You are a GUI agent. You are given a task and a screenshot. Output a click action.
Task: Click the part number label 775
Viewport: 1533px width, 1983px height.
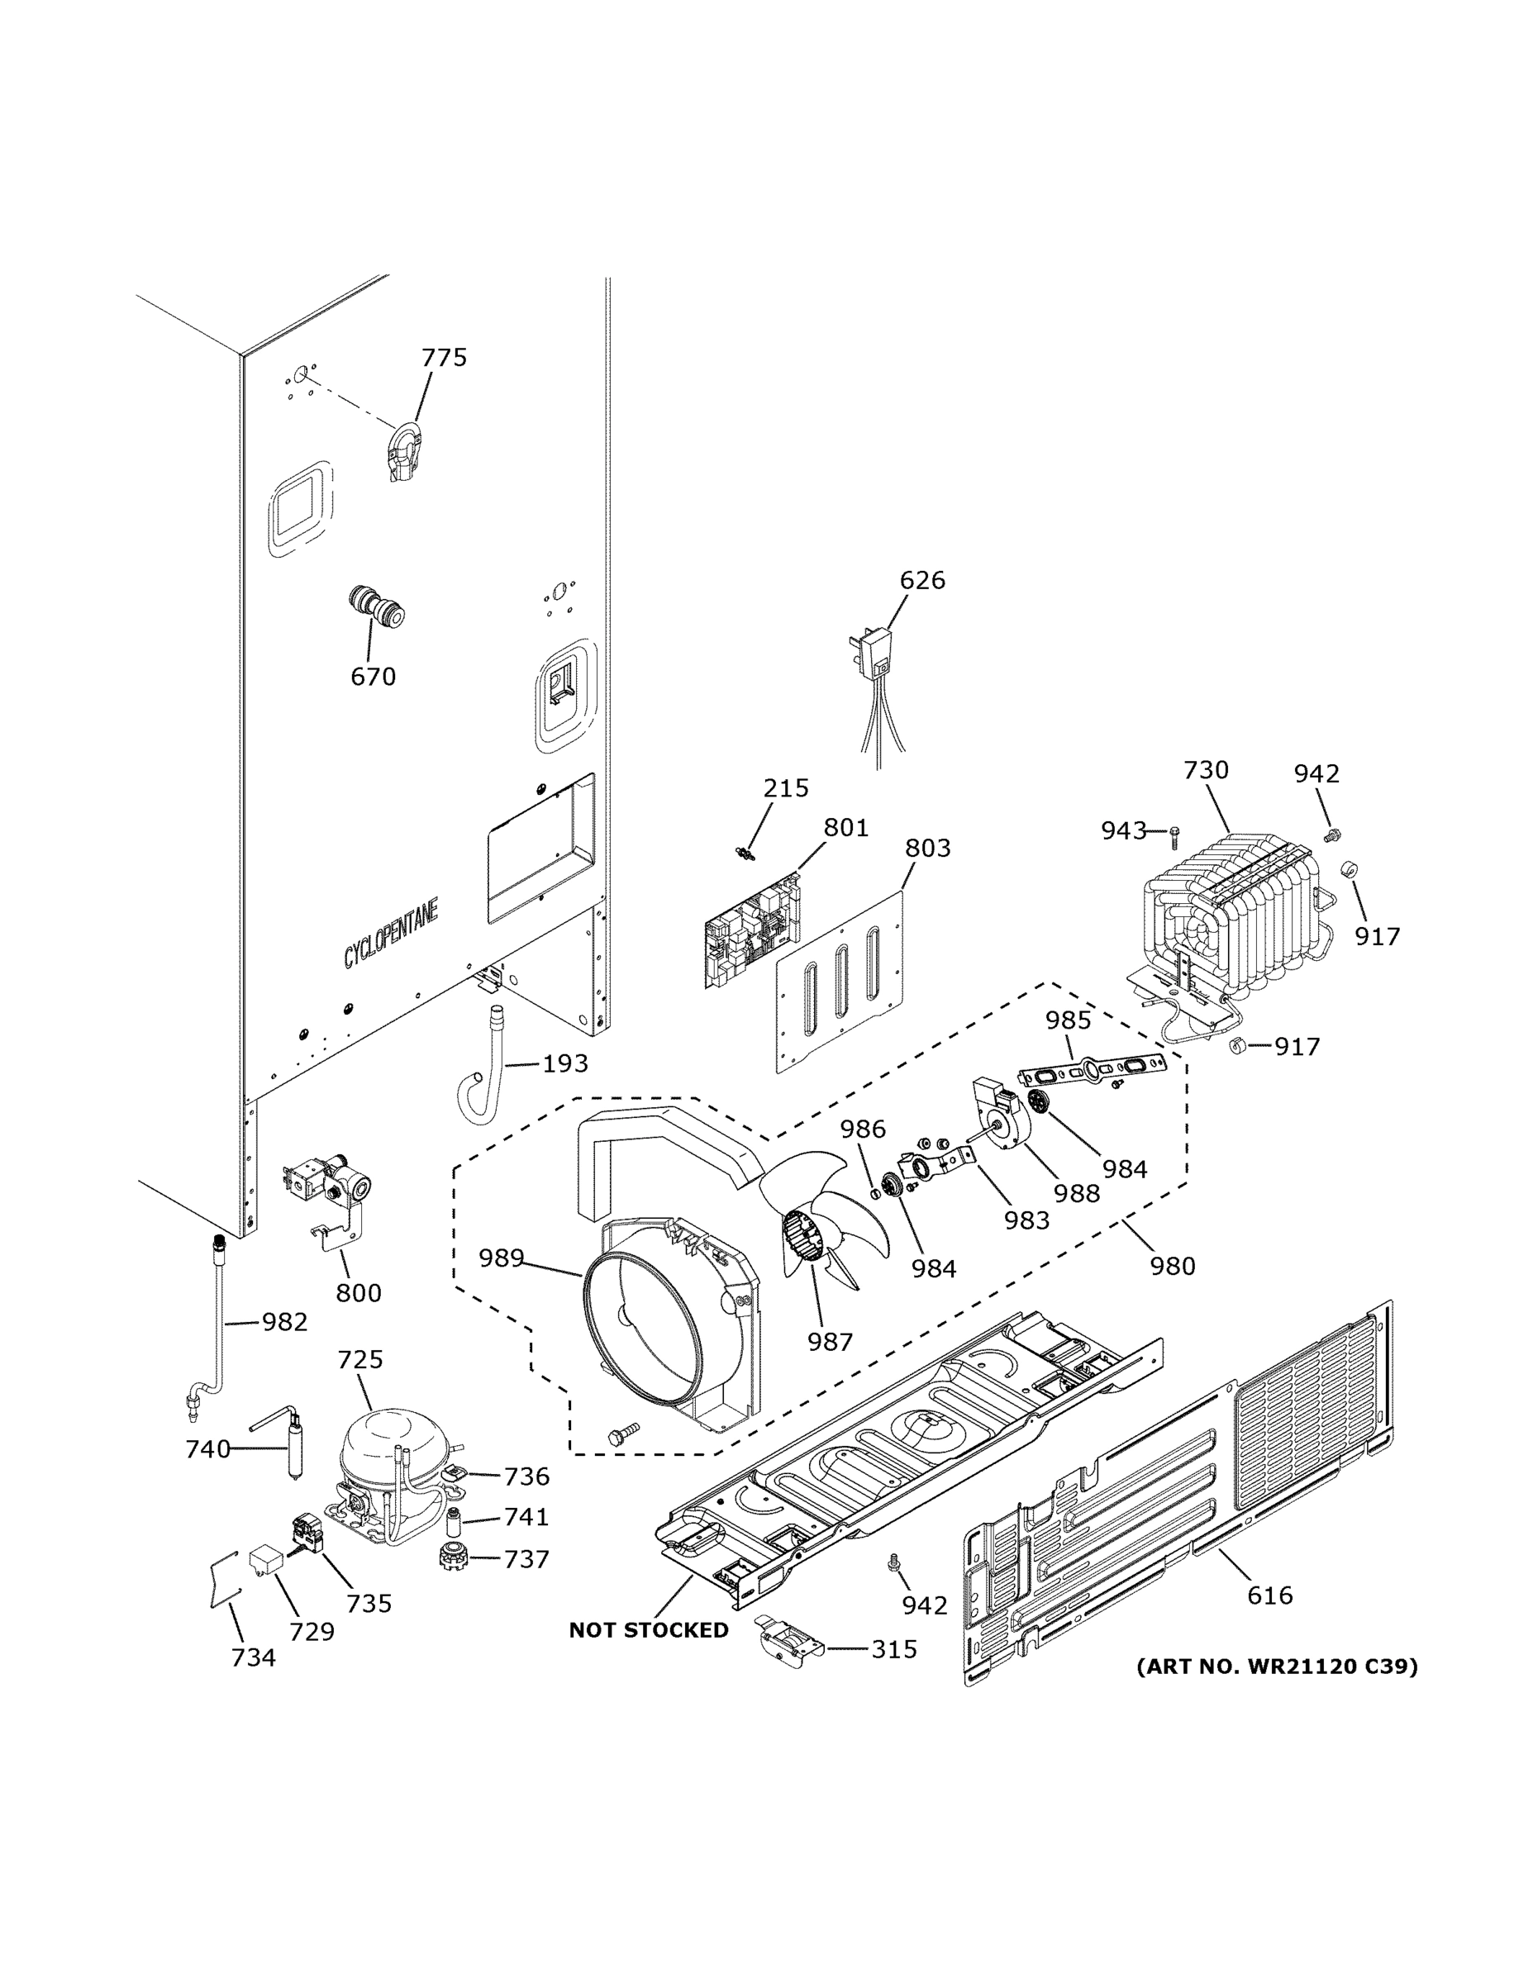pos(443,358)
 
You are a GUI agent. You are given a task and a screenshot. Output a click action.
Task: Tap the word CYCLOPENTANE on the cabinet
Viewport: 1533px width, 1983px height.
pos(391,934)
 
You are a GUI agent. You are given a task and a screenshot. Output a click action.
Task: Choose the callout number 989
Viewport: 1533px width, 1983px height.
pos(502,1258)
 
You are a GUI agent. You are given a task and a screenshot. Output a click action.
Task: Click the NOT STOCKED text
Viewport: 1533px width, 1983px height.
pos(649,1630)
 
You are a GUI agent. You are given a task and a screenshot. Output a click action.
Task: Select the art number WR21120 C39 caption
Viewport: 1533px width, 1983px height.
pos(1277,1666)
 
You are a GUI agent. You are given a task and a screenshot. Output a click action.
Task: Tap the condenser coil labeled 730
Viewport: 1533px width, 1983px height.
pos(1226,917)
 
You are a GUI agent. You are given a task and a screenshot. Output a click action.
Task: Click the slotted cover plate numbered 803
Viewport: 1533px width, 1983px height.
pos(840,981)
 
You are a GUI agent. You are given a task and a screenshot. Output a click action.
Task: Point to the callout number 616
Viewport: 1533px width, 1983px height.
pos(1269,1595)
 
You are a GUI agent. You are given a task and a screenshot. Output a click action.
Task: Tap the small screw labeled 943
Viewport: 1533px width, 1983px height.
pos(1174,830)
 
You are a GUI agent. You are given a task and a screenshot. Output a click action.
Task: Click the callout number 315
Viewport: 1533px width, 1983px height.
pos(893,1649)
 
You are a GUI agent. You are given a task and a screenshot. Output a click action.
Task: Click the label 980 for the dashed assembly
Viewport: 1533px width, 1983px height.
pos(1173,1265)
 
